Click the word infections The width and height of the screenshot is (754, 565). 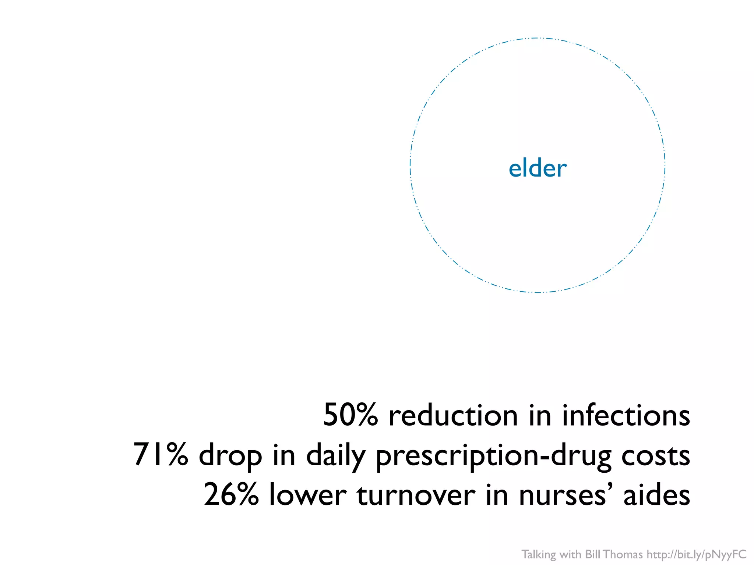tap(626, 415)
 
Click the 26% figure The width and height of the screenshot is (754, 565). tap(231, 495)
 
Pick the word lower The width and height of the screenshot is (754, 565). tap(308, 495)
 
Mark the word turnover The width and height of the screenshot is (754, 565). tap(416, 495)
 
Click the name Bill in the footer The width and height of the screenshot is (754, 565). tap(593, 554)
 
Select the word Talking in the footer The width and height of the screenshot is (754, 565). tap(539, 554)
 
